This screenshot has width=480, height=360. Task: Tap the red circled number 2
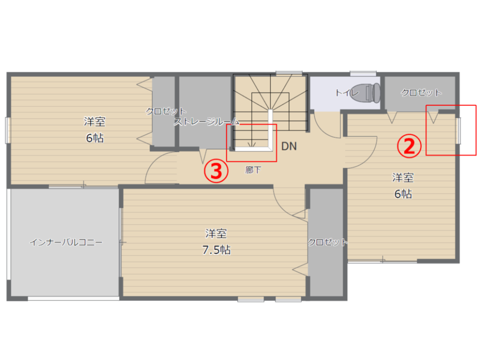tap(409, 146)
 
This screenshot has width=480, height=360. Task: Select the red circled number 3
tap(216, 171)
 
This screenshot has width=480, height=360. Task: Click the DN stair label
tap(289, 146)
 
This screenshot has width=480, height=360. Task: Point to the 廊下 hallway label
tap(253, 170)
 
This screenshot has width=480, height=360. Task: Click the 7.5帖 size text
tap(216, 250)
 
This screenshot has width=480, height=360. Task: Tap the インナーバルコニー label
tap(66, 242)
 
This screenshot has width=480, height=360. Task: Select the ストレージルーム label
tap(207, 121)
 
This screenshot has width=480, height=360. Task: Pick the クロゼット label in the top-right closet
tap(421, 92)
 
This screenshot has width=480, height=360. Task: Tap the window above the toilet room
tap(363, 74)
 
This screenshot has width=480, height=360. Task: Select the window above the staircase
tap(289, 73)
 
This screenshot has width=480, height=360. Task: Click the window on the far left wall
tap(7, 130)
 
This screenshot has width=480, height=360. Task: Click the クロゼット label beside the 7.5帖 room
tap(328, 242)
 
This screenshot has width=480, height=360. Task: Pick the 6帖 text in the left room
tap(95, 138)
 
